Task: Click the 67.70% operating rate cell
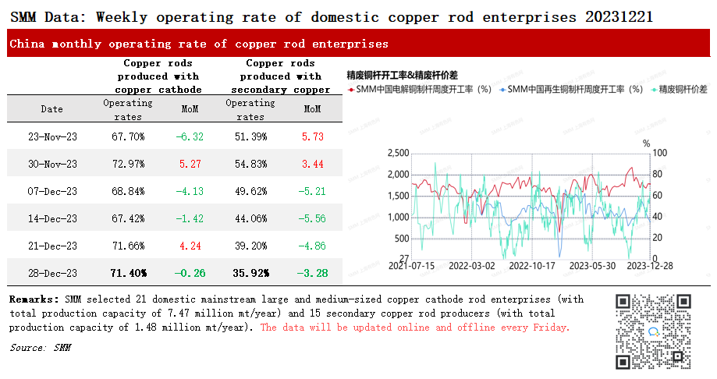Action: point(128,136)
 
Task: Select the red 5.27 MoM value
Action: point(190,164)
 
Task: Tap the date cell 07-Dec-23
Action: point(52,192)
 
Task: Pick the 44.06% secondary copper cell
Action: point(250,218)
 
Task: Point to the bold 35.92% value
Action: point(251,274)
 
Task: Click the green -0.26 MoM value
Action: point(190,274)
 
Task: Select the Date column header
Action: point(51,109)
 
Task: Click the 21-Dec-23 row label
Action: point(52,246)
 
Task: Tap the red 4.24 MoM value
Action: point(190,246)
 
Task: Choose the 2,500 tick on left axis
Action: point(398,153)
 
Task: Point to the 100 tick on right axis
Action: point(659,153)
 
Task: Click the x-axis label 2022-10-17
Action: point(532,266)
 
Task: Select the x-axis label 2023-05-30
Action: point(592,266)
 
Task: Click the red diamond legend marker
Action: point(351,90)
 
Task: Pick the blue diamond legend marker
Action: point(502,90)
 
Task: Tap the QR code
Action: point(653,331)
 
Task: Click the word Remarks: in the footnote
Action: point(34,299)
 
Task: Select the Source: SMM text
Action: point(41,348)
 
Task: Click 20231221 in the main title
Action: point(619,17)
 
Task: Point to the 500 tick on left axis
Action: point(402,239)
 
